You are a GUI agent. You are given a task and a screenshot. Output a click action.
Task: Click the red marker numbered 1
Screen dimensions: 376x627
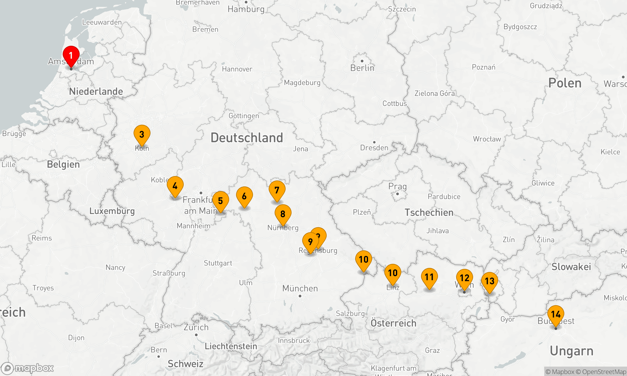[x=71, y=56]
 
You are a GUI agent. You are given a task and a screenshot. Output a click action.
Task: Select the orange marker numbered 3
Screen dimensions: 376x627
[x=142, y=134]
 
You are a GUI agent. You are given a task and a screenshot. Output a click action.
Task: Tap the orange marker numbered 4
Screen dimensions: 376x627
[x=175, y=186]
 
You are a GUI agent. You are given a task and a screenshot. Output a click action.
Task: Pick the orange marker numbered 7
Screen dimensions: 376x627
[x=277, y=190]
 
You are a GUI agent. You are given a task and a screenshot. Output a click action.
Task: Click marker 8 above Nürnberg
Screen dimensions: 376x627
[x=283, y=214]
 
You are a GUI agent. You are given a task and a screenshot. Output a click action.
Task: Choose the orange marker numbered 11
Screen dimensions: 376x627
[x=429, y=277]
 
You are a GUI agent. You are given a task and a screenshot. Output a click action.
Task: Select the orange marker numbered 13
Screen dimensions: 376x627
[x=489, y=281]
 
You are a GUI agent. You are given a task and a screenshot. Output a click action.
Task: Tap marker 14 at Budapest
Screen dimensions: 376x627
[x=556, y=314]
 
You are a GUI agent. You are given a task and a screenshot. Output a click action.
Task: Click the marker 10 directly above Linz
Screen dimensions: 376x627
[x=393, y=273]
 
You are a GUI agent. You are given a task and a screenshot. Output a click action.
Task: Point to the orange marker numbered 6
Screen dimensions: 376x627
[x=244, y=196]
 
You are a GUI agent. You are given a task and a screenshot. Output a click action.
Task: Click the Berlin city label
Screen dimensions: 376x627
[x=362, y=68]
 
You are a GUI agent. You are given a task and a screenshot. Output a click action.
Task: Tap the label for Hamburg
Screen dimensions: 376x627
[x=246, y=9]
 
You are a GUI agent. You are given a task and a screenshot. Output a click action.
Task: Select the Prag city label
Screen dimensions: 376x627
[x=398, y=187]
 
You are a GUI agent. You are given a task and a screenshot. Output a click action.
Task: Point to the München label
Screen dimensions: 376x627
[x=300, y=288]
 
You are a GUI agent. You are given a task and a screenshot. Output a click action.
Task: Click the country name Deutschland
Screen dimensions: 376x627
[x=247, y=138]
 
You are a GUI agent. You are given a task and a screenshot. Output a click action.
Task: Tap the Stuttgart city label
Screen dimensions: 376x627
[x=218, y=263]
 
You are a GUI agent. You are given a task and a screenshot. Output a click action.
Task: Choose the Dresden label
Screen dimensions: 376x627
[x=374, y=148]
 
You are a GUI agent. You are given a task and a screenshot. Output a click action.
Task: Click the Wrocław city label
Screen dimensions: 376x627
[x=487, y=139]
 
